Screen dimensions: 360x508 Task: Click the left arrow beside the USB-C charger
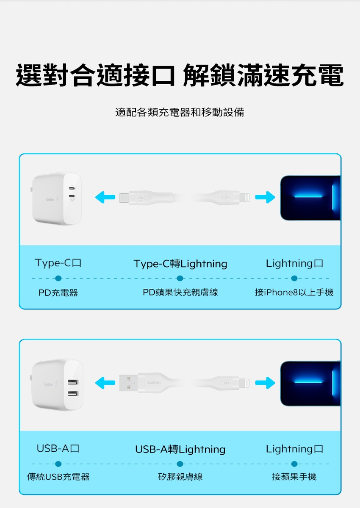(105, 197)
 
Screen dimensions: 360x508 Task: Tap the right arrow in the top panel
(265, 197)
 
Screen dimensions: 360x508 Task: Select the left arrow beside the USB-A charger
(105, 383)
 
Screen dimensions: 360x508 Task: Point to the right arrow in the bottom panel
(265, 383)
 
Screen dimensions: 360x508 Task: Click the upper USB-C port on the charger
(72, 188)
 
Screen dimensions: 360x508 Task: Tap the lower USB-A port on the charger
(73, 393)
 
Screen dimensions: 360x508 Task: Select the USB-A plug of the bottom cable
(128, 383)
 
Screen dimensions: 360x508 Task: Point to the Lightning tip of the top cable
(244, 197)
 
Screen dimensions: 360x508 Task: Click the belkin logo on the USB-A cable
(154, 383)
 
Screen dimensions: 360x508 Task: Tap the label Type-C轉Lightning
(180, 264)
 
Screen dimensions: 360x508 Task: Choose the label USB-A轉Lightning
(180, 449)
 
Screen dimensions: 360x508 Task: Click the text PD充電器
(58, 293)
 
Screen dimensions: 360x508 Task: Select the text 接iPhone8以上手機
(294, 292)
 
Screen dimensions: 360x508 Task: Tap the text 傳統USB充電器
(58, 477)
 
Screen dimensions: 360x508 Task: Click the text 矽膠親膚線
(180, 477)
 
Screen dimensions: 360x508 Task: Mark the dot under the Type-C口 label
(58, 278)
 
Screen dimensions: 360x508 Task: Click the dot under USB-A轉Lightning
(180, 464)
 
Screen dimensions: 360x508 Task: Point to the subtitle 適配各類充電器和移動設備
(180, 112)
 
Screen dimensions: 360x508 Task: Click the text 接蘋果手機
(294, 477)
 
